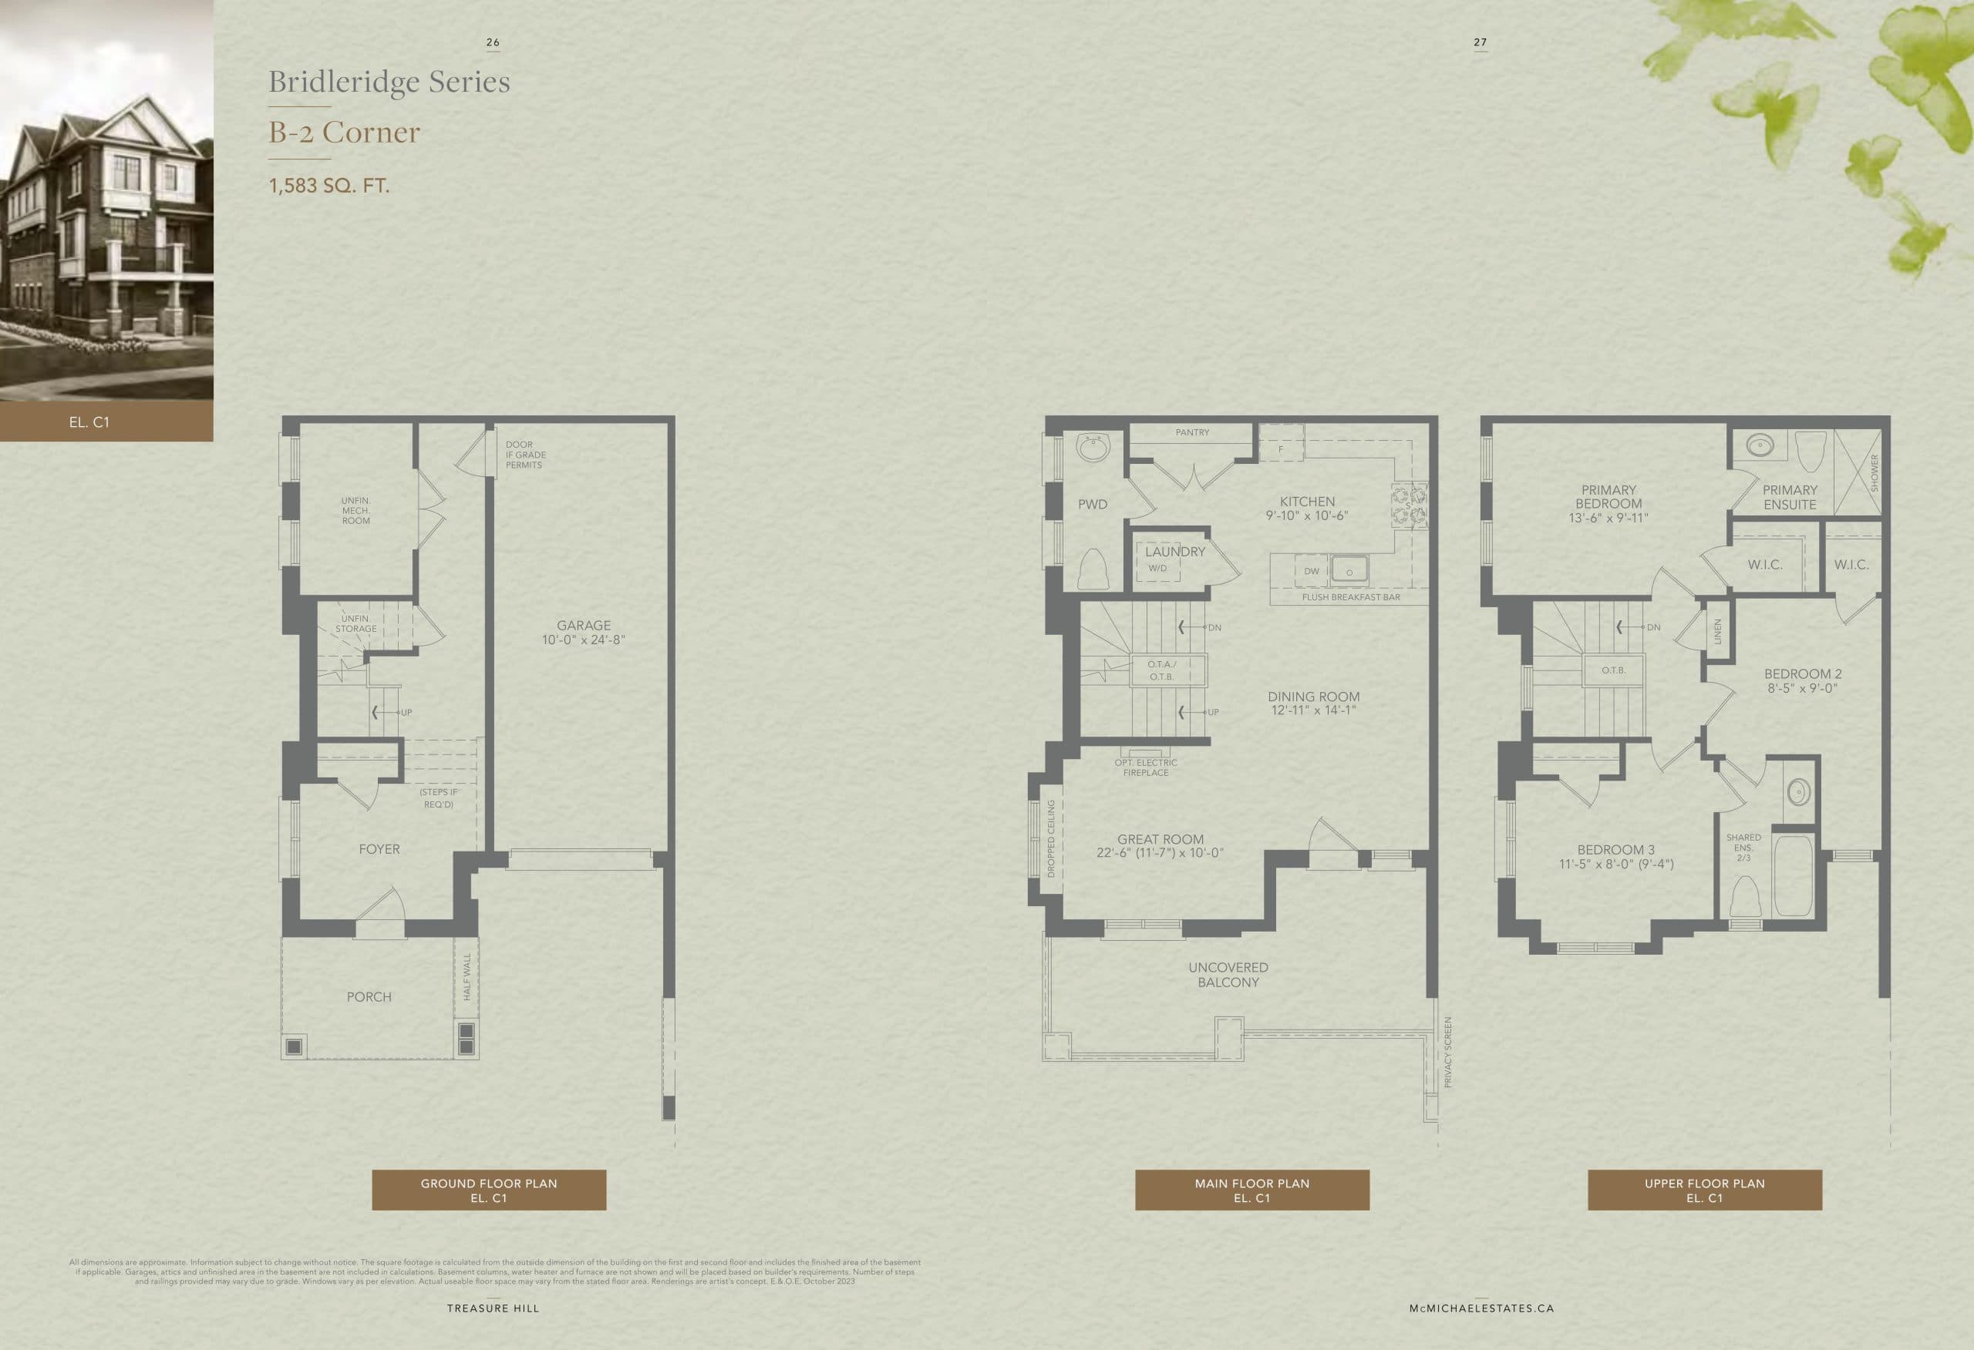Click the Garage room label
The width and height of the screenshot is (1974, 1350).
pos(584,625)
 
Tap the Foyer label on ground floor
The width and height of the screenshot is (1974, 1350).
pos(379,849)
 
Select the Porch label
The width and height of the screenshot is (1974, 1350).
pos(369,997)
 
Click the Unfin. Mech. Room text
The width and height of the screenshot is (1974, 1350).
pos(356,510)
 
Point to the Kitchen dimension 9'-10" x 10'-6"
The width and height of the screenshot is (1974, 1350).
pos(1306,516)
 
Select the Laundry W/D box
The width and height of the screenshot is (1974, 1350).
pos(1157,567)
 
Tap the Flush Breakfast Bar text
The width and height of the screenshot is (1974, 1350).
pos(1350,597)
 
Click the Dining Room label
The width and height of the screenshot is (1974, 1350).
pos(1313,697)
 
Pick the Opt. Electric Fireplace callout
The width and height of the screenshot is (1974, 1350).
pos(1146,767)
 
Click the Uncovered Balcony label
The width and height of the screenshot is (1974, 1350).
pos(1228,975)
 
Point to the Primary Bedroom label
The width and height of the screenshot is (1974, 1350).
pos(1608,497)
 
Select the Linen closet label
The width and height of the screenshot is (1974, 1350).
pos(1716,631)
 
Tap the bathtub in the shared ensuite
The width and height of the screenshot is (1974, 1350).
pos(1792,875)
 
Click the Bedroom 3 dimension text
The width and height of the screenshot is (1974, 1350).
pos(1615,865)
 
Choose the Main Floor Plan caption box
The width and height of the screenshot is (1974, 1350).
pos(1251,1190)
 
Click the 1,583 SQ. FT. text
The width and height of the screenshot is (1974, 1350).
pos(328,185)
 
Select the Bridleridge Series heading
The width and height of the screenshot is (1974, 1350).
pos(389,82)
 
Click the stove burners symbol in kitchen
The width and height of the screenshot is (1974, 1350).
pos(1409,506)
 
